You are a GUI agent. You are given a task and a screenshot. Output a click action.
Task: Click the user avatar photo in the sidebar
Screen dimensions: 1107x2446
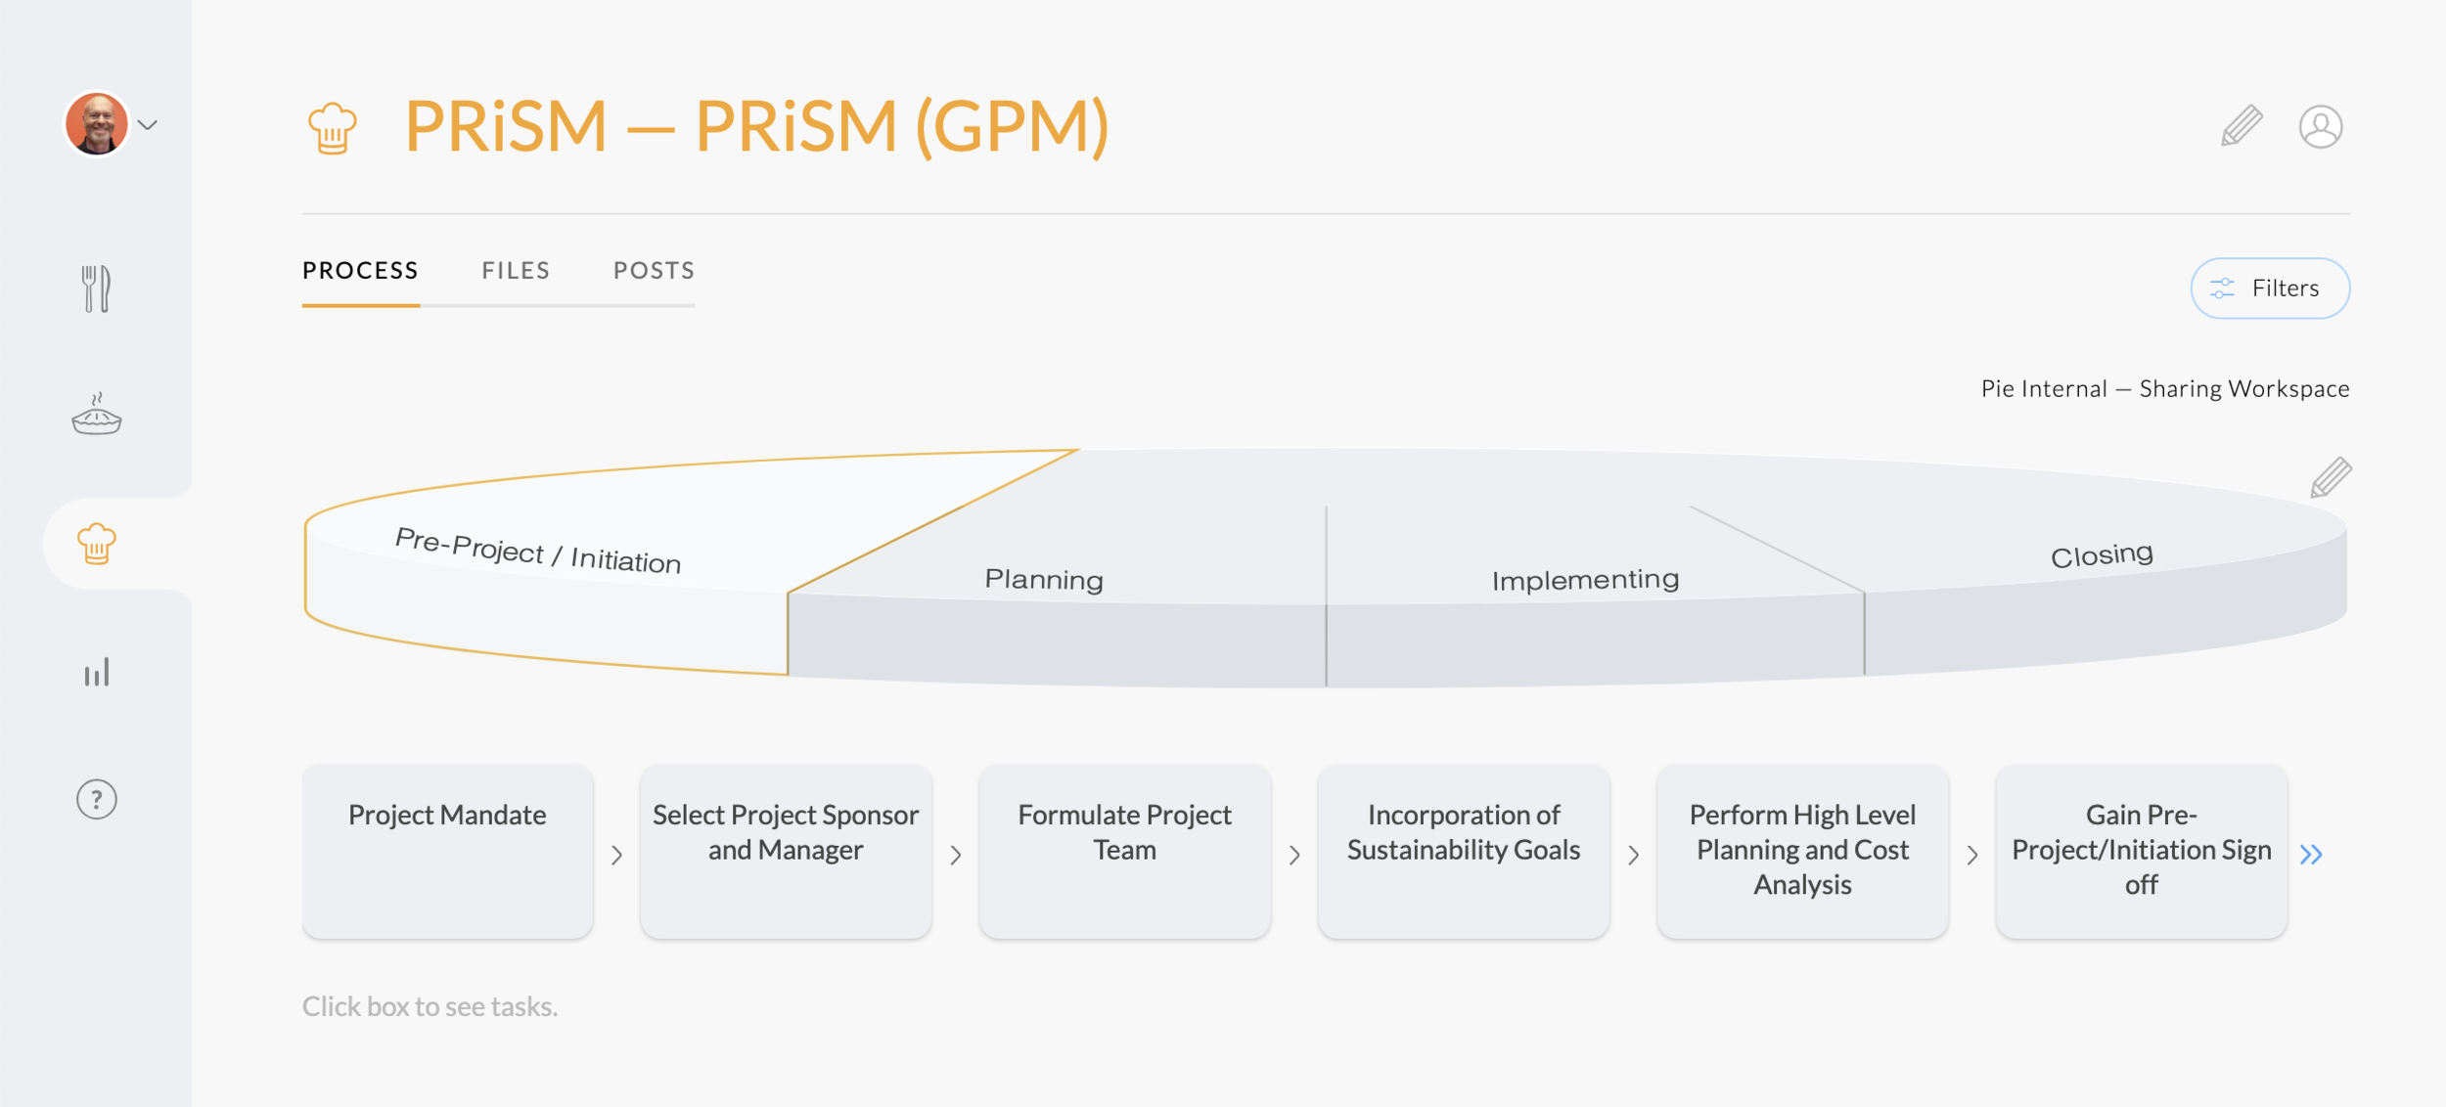coord(97,124)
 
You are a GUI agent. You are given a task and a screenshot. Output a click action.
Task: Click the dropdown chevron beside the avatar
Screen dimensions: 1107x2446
coord(148,125)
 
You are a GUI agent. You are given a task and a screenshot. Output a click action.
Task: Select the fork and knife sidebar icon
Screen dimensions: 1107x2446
coord(96,288)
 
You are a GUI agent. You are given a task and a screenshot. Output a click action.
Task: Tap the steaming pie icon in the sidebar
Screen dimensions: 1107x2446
coord(96,415)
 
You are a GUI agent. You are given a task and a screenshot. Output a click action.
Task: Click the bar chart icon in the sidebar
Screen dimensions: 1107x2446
coord(96,673)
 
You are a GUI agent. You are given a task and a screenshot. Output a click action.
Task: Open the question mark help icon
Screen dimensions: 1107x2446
coord(96,800)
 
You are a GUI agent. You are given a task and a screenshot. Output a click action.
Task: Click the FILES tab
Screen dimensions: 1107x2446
coord(516,271)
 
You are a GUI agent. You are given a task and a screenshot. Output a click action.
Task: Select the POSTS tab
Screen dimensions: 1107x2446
coord(654,271)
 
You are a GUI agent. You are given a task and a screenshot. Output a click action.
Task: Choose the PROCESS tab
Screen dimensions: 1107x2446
coord(360,271)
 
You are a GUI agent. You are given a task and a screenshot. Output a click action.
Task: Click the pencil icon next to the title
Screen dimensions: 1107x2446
coord(2242,126)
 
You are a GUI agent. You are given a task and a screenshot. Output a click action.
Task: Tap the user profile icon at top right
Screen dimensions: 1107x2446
coord(2320,126)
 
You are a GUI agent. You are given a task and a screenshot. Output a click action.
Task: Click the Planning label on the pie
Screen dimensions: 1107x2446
coord(1044,580)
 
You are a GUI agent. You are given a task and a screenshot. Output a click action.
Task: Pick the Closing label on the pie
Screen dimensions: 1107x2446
coord(2102,555)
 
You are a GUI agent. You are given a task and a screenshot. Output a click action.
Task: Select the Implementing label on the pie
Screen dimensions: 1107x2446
coord(1585,580)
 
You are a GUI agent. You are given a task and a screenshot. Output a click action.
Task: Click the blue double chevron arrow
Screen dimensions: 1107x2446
coord(2311,855)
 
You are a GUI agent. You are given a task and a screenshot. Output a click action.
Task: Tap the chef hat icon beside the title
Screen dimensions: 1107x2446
coord(333,128)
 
